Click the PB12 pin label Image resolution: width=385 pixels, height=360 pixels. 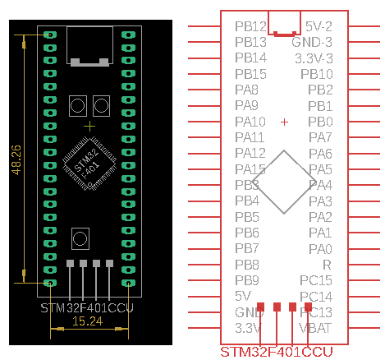coord(250,26)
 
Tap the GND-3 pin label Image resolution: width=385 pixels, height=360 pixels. coord(314,42)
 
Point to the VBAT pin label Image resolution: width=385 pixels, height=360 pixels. coord(316,328)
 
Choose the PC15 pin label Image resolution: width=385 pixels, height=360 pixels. coord(316,280)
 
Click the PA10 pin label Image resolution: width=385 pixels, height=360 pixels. coord(250,122)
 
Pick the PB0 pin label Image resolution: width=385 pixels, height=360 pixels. coord(319,122)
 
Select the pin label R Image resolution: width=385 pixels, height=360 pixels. coord(327,265)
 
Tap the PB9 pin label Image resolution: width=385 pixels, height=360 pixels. coord(247,280)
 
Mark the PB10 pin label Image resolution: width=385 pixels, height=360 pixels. coord(316,74)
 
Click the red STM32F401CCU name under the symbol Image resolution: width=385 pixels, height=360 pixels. coord(277,352)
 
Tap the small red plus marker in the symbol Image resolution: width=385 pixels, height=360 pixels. coord(284,122)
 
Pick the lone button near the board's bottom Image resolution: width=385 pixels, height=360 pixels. coord(80,238)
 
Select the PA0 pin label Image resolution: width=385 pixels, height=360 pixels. coord(319,248)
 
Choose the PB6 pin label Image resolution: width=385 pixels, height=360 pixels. coord(247,233)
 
